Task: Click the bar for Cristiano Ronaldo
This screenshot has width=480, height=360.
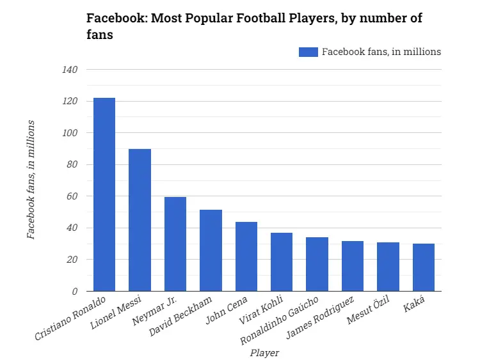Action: [104, 194]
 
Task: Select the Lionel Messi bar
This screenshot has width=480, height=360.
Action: [140, 220]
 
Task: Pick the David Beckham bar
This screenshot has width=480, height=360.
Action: [211, 250]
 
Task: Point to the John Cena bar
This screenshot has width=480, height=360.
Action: [246, 256]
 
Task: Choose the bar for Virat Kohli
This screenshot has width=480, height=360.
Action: [282, 262]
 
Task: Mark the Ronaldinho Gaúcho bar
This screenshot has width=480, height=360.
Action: [317, 264]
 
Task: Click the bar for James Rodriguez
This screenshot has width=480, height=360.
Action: [353, 266]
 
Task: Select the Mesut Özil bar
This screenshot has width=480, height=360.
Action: [388, 267]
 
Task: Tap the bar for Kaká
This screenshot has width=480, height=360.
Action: [424, 267]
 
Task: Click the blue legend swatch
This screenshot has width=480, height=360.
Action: [308, 52]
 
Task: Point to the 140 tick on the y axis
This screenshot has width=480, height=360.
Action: [70, 70]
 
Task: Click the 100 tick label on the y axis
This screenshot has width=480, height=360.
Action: [70, 133]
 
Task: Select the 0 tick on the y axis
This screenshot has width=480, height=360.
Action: [74, 291]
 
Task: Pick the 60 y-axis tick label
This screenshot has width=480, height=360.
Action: [72, 196]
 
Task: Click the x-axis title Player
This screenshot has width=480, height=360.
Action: [264, 352]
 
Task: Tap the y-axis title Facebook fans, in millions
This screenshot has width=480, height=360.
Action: [31, 180]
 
